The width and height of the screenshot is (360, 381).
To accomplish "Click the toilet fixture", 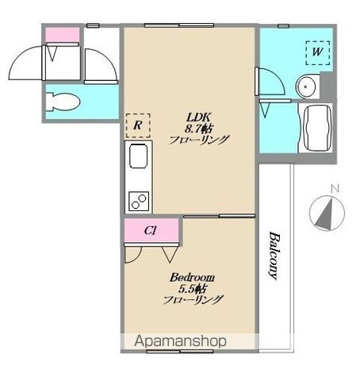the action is click(63, 102).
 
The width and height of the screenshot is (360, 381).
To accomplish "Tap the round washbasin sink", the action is click(305, 87).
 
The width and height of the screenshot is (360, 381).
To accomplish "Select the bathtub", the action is click(317, 128).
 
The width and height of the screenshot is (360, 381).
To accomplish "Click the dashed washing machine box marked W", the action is click(318, 53).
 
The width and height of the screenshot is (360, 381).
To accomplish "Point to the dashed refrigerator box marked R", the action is click(138, 125).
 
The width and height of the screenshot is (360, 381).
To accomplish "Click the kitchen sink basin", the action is click(138, 156).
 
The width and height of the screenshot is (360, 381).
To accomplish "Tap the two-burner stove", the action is click(139, 202).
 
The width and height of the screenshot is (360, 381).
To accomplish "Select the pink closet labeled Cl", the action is click(151, 230).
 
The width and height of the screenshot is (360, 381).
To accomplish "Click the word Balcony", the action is click(274, 256).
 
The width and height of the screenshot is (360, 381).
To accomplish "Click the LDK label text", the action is click(198, 117).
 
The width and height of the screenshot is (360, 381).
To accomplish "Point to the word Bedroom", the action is click(192, 278).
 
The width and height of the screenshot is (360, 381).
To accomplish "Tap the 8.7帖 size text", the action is click(198, 129).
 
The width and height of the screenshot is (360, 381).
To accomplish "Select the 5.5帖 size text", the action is click(192, 289).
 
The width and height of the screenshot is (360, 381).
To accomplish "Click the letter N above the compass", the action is click(335, 189).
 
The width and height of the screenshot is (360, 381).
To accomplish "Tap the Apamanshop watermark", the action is click(180, 341).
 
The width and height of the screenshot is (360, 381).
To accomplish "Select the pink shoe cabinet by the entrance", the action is click(63, 35).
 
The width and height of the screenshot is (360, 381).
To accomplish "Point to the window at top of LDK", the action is click(179, 25).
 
